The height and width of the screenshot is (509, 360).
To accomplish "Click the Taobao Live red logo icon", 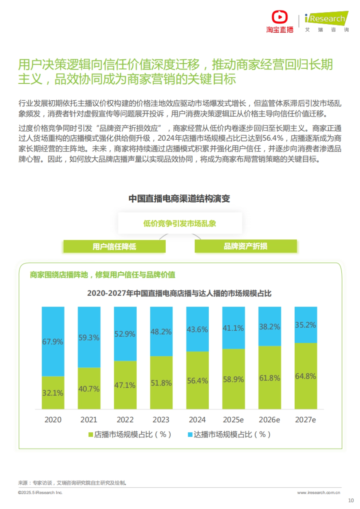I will click(x=280, y=17).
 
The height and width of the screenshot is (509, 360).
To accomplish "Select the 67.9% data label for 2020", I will click(x=52, y=342).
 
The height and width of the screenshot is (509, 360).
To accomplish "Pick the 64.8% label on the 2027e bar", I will click(x=305, y=376).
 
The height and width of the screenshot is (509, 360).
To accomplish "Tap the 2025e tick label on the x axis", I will click(x=233, y=420).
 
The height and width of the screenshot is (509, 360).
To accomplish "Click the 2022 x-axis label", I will click(x=125, y=420).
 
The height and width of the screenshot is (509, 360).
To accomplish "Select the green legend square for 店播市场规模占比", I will click(x=91, y=435).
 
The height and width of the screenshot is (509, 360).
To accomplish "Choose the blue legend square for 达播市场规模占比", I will click(x=190, y=435).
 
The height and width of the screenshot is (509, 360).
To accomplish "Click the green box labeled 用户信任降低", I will click(x=114, y=246).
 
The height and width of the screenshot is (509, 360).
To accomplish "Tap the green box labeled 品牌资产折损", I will click(x=245, y=246).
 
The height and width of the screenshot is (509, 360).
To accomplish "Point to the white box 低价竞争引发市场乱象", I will click(x=180, y=223).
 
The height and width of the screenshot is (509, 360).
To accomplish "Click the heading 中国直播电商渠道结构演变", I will click(x=179, y=198).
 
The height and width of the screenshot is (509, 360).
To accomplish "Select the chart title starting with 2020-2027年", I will click(x=179, y=293).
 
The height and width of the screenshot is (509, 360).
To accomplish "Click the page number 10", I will click(x=351, y=500).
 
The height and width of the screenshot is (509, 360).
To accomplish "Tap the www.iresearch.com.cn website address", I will click(x=319, y=493).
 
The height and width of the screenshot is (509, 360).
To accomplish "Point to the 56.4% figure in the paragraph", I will click(x=273, y=138).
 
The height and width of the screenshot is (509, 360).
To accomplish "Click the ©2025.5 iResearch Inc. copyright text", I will click(x=40, y=493).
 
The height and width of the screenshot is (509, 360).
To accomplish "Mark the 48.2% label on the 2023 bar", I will click(x=161, y=332).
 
